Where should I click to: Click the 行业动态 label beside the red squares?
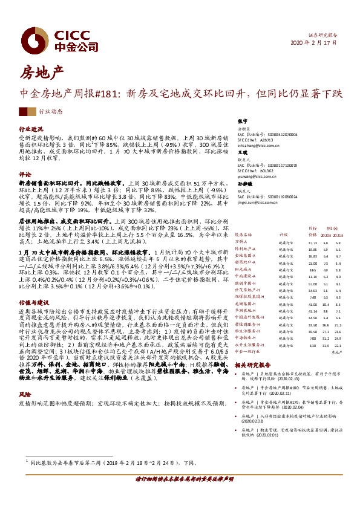[51, 112]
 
